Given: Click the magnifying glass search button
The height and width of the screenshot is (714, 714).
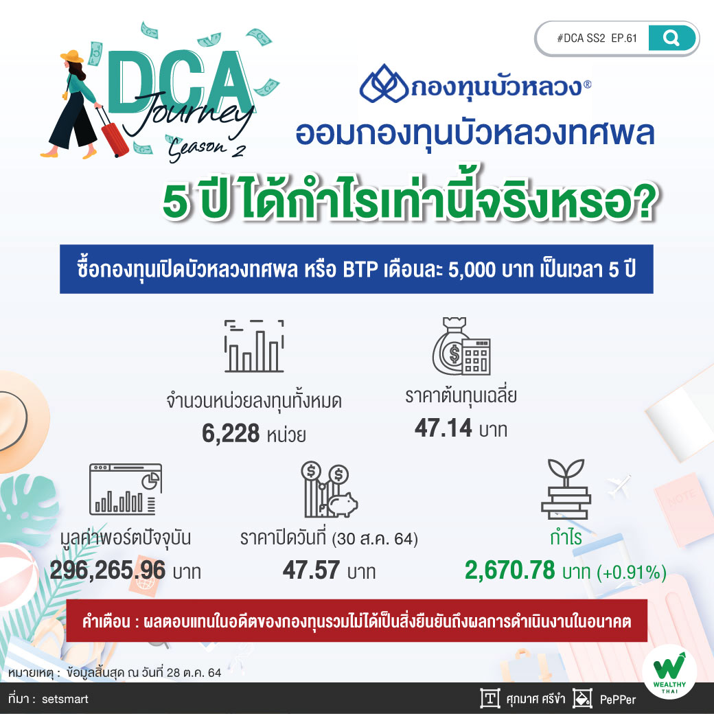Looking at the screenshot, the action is [672, 38].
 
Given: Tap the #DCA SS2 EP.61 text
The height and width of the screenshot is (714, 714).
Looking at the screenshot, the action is [597, 38].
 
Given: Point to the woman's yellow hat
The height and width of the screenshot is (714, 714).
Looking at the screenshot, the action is [72, 56].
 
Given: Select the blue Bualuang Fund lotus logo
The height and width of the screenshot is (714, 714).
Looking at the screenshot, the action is [383, 84].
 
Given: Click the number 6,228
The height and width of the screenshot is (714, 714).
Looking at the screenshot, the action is [231, 433].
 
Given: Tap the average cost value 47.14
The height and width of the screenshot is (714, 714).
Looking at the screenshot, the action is [443, 428].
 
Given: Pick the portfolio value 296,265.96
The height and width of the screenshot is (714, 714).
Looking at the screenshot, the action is [108, 570].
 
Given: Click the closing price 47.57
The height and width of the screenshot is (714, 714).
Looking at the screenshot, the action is [311, 570].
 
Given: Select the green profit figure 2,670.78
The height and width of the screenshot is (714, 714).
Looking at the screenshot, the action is [510, 571].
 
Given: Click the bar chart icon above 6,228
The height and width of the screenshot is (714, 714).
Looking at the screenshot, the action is [254, 346].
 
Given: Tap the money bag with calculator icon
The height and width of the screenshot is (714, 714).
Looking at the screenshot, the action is [461, 346].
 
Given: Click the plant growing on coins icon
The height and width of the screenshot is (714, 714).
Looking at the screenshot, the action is [566, 489].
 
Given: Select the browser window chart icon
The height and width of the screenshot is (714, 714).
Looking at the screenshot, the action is [126, 490].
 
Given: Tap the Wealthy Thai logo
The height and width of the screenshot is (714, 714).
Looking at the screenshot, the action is [669, 673].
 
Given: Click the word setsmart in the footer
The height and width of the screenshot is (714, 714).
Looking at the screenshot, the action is [65, 699].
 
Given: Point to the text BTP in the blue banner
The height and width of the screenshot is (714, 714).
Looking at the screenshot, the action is [360, 270].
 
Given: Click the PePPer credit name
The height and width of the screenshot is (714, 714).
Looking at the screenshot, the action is [618, 699].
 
